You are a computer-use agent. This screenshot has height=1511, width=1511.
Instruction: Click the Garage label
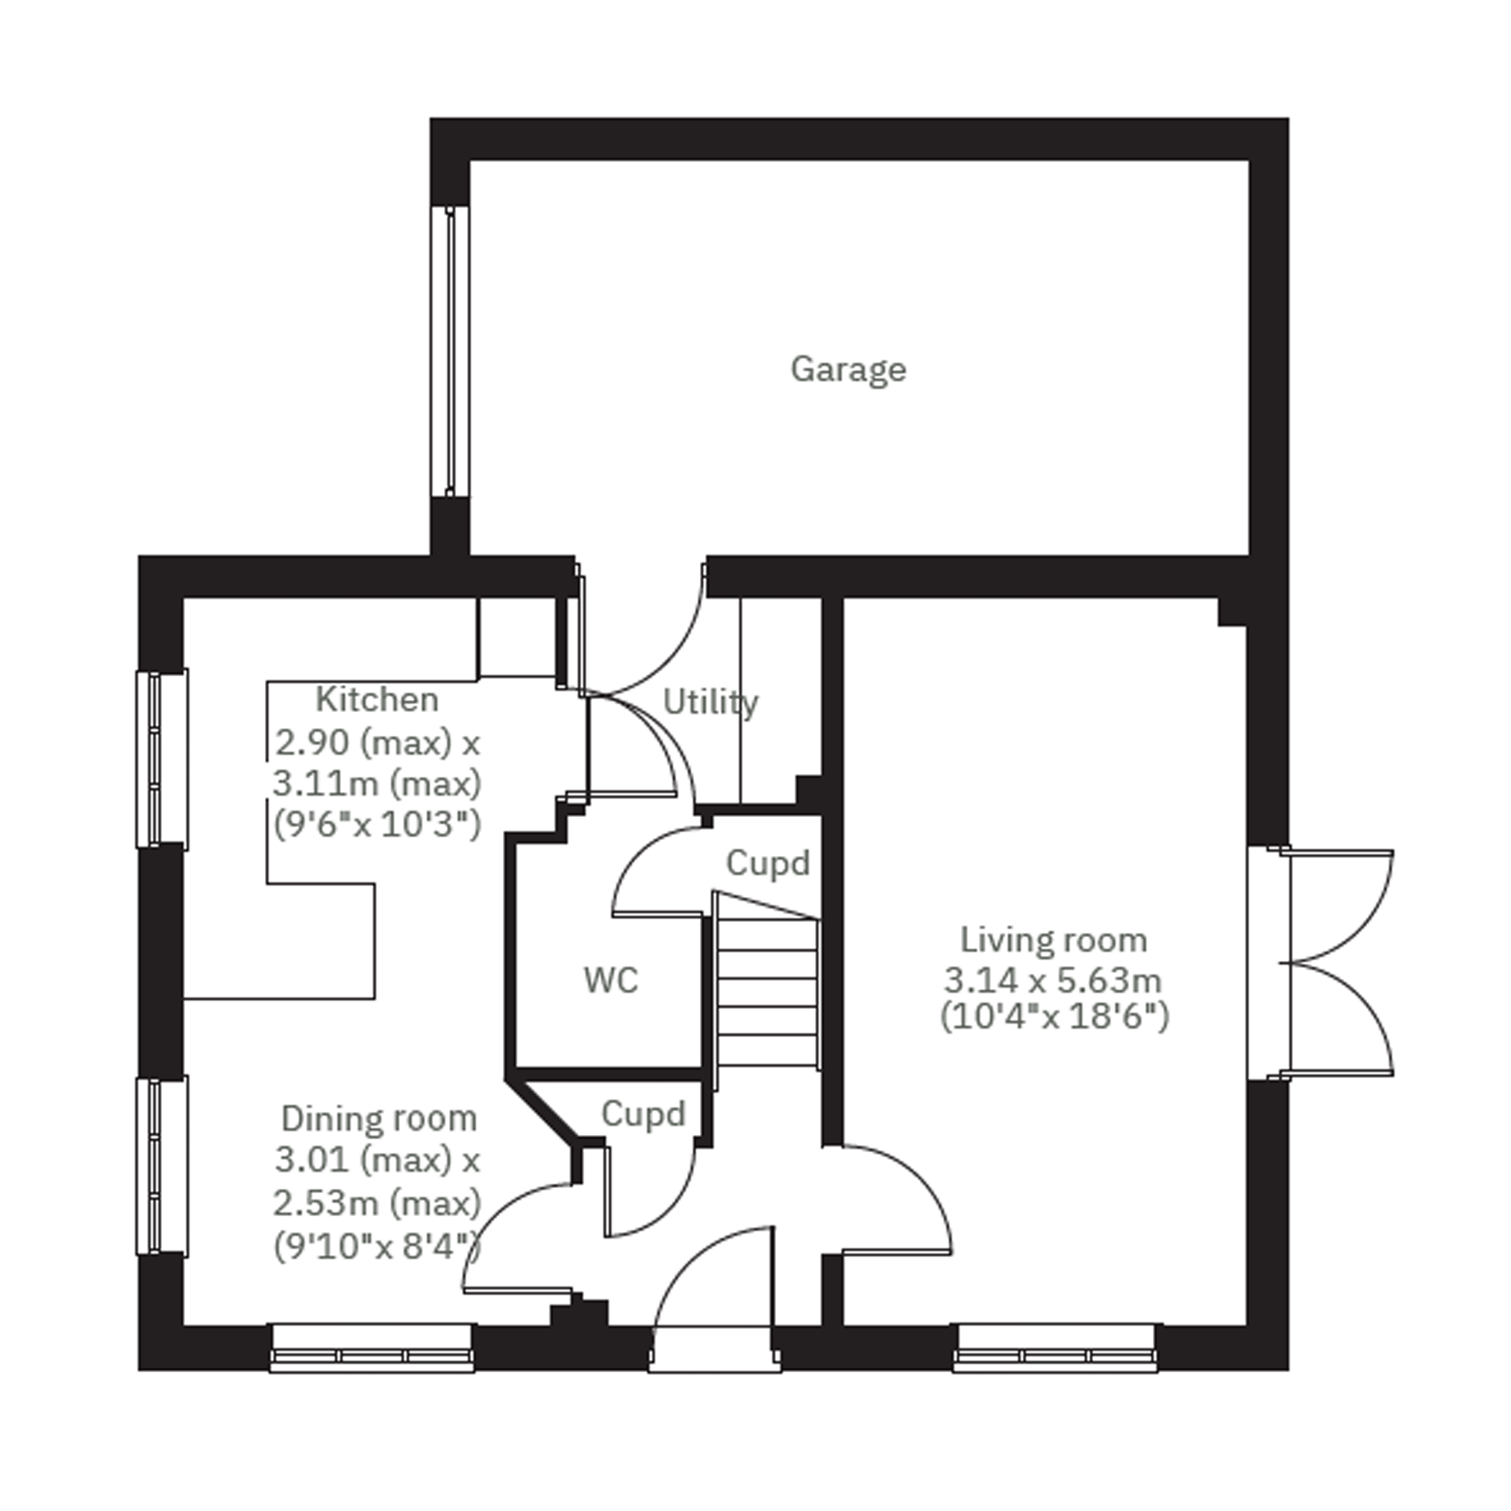(848, 369)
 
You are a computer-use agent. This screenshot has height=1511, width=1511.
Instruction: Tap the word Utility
(710, 701)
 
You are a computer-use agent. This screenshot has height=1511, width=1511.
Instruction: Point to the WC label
(611, 980)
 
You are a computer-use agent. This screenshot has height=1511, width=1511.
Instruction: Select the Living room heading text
(1053, 939)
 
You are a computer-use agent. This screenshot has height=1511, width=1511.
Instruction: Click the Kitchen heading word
(376, 699)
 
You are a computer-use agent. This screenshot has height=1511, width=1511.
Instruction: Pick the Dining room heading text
(378, 1119)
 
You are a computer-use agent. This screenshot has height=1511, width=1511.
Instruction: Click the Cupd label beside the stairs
(767, 863)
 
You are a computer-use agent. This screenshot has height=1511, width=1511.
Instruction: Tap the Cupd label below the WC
(643, 1114)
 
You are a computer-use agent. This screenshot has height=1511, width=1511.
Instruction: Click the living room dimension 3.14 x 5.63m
(1053, 979)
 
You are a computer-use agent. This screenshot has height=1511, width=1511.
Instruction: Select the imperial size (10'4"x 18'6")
(1054, 1017)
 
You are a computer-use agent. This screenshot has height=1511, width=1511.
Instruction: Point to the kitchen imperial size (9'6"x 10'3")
(377, 825)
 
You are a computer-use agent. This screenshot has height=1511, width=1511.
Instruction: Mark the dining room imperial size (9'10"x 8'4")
(377, 1246)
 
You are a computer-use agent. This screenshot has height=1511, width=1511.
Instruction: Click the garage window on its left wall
(450, 351)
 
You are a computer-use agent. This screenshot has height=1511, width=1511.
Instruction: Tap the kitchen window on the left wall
(162, 759)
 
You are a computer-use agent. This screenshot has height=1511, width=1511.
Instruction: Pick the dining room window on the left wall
(162, 1166)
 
